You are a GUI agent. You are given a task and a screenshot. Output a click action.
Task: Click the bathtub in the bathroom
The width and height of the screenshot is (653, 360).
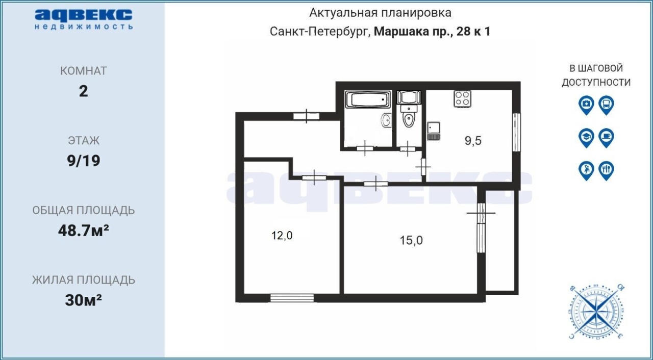click(x=368, y=99)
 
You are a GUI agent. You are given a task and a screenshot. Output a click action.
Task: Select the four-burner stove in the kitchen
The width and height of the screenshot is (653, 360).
click(x=462, y=99)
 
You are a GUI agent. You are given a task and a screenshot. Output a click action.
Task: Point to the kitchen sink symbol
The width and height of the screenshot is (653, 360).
click(x=434, y=131)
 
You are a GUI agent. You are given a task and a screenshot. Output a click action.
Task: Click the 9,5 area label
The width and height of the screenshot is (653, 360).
click(x=473, y=141)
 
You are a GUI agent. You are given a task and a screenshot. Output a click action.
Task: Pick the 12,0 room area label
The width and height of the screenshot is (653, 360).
click(x=282, y=236)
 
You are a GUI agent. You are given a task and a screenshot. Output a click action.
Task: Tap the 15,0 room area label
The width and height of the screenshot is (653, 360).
click(x=411, y=240)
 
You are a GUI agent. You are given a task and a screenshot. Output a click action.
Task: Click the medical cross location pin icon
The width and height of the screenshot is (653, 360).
click(x=586, y=105)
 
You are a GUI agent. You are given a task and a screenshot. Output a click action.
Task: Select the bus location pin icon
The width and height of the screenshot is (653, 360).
click(x=607, y=105)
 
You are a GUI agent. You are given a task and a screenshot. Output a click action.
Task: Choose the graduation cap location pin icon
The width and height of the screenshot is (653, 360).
click(x=586, y=138)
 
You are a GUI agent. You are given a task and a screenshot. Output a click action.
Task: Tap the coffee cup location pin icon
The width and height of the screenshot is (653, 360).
click(x=607, y=138)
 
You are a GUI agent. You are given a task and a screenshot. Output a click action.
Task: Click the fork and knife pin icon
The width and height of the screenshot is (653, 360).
click(x=607, y=171)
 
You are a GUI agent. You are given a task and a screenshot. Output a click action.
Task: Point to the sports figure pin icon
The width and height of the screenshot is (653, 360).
click(x=586, y=171)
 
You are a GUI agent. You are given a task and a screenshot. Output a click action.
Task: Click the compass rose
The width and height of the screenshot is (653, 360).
click(x=596, y=312)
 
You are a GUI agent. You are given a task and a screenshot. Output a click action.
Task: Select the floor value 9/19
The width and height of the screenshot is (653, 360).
click(x=83, y=161)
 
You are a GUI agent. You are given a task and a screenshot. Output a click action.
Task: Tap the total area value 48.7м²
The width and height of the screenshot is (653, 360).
click(x=83, y=230)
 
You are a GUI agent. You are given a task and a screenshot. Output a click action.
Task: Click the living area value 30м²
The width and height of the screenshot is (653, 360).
click(x=83, y=300)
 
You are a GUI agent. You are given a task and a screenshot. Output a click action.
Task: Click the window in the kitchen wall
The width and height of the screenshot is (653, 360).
click(x=516, y=132)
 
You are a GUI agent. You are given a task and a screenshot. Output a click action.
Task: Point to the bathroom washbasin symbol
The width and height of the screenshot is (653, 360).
click(x=387, y=120)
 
